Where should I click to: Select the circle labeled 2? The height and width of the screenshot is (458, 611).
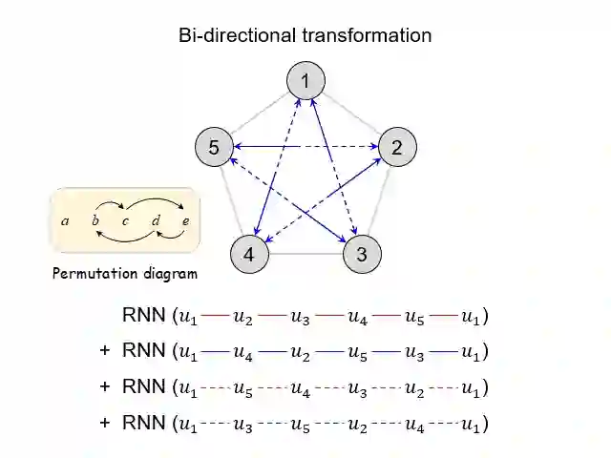point(397,147)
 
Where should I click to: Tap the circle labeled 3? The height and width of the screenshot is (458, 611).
point(361,254)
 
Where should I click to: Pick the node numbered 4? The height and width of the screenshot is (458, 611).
point(249,254)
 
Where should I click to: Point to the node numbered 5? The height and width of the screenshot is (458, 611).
point(214,147)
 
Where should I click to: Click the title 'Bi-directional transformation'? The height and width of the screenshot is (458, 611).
point(305,35)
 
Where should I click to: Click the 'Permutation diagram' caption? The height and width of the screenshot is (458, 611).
point(125,275)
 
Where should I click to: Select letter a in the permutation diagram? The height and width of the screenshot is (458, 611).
point(65,221)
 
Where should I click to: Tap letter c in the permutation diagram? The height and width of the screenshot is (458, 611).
point(125,221)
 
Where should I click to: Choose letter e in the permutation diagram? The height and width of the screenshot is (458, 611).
point(185,221)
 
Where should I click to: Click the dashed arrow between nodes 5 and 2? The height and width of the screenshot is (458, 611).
point(305,147)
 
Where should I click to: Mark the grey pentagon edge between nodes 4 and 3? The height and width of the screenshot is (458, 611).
point(305,255)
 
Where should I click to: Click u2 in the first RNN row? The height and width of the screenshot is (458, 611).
point(244,316)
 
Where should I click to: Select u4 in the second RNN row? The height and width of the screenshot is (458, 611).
point(244,351)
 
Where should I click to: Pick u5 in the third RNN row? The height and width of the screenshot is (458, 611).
point(244,387)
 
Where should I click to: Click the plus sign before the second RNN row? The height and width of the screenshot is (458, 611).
point(105,351)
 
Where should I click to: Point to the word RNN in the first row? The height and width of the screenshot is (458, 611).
point(143,315)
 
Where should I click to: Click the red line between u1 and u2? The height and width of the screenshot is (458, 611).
point(216,315)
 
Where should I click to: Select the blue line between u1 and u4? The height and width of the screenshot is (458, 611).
point(216,351)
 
